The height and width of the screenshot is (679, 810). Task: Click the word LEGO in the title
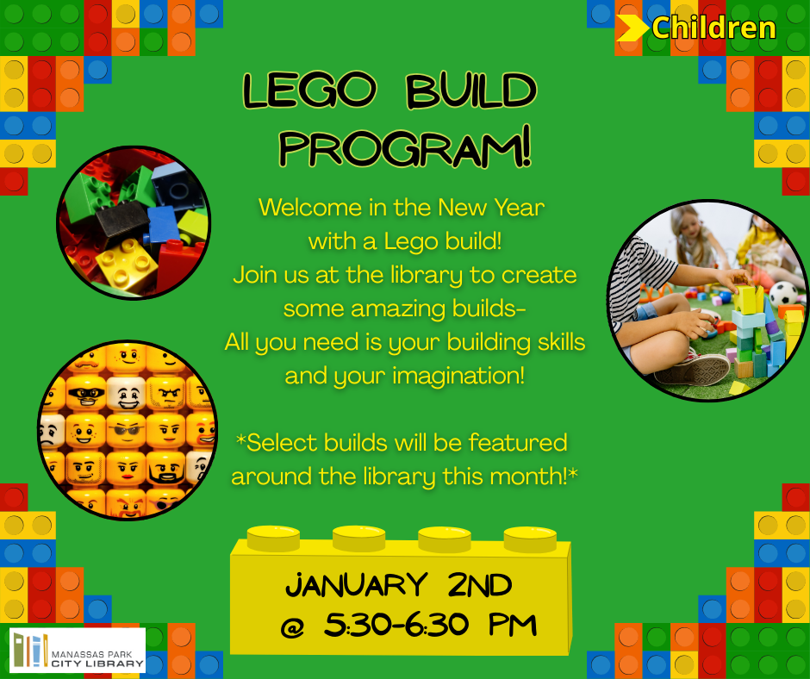pyautogui.click(x=309, y=90)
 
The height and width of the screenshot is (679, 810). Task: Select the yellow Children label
pyautogui.click(x=713, y=28)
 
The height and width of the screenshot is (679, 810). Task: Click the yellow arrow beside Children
pyautogui.click(x=632, y=28)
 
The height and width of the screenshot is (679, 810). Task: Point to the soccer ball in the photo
pyautogui.click(x=783, y=295)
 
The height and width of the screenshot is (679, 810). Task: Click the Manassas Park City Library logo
pyautogui.click(x=78, y=650)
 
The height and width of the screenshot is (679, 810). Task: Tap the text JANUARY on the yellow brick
pyautogui.click(x=357, y=585)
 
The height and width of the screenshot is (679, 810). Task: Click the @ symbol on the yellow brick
pyautogui.click(x=292, y=627)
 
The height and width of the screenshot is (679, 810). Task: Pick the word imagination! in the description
pyautogui.click(x=458, y=376)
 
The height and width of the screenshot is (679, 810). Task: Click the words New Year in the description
pyautogui.click(x=491, y=208)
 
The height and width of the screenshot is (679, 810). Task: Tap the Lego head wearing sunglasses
pyautogui.click(x=127, y=431)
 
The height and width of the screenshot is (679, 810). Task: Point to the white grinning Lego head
pyautogui.click(x=127, y=394)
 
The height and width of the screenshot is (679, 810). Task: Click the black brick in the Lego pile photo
pyautogui.click(x=123, y=219)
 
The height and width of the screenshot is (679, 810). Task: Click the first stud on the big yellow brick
pyautogui.click(x=273, y=538)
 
